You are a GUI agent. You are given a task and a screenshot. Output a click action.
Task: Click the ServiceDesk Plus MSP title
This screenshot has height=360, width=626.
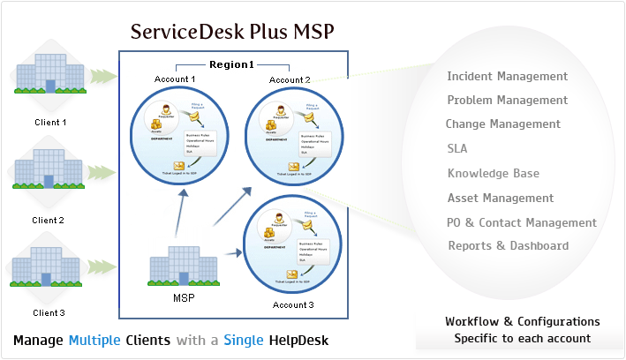233,33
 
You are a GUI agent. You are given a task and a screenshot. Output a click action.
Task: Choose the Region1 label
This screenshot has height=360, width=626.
232,64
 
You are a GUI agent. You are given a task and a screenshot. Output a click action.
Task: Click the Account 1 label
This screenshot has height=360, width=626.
176,79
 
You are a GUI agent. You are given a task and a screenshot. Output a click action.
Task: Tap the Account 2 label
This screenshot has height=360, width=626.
290,79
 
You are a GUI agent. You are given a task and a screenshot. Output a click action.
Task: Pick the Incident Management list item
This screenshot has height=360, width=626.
508,77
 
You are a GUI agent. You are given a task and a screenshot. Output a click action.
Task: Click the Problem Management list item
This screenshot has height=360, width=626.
508,101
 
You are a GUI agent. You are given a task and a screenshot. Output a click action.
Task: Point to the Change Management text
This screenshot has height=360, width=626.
502,124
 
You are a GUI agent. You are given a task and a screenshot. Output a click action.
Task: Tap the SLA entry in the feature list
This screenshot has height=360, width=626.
457,148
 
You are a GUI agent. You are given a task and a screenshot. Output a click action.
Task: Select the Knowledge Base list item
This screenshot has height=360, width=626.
493,173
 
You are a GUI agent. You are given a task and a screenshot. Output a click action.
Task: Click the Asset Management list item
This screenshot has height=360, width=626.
501,198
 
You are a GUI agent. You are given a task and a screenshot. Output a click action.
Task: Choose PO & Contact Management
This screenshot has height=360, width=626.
522,222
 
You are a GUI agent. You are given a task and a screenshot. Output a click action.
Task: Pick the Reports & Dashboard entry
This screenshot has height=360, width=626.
509,246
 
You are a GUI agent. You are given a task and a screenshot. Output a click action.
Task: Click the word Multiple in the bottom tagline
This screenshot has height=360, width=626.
94,340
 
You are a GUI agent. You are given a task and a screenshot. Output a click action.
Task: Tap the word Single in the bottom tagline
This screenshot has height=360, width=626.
243,340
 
